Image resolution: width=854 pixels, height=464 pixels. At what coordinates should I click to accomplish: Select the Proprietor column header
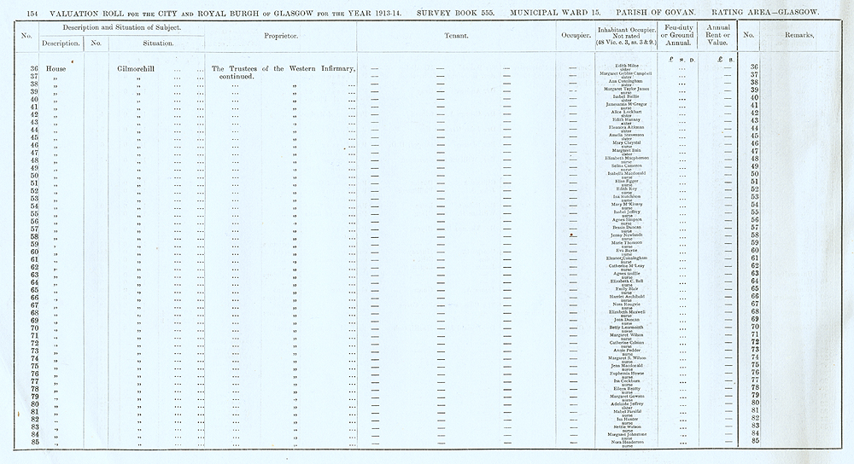[x=281, y=36]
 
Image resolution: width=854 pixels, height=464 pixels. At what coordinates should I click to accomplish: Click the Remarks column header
[x=802, y=36]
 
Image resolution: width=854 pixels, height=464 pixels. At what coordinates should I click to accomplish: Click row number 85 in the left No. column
[x=35, y=441]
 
